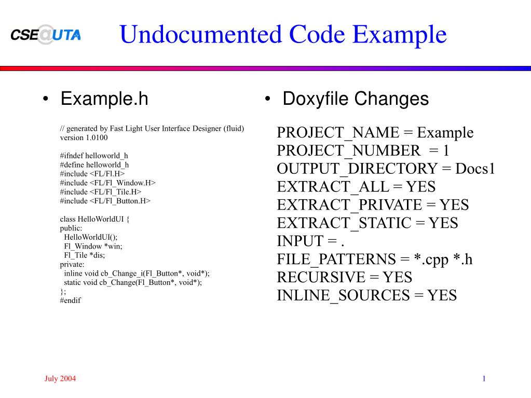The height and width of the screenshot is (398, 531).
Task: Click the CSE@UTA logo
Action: (x=46, y=35)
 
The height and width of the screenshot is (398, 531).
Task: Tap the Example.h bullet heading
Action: (x=104, y=98)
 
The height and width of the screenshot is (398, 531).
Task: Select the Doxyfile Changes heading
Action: (x=356, y=98)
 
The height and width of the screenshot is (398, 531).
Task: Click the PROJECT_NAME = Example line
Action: (x=375, y=132)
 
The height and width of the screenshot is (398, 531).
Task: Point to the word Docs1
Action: (x=475, y=169)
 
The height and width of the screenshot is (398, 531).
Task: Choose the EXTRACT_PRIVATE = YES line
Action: (x=373, y=205)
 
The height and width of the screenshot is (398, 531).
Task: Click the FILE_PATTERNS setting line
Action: (x=374, y=259)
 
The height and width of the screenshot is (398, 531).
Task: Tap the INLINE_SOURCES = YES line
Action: (x=366, y=295)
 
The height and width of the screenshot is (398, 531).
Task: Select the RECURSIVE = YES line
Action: (x=344, y=277)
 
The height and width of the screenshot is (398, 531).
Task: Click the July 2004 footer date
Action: (x=60, y=378)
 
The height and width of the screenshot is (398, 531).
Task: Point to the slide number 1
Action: (x=483, y=378)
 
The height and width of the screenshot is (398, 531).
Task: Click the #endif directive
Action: (x=71, y=300)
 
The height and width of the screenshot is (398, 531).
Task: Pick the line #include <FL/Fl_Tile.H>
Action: (x=101, y=191)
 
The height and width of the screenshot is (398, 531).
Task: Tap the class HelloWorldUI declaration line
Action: (x=94, y=218)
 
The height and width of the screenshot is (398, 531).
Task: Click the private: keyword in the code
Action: (x=72, y=264)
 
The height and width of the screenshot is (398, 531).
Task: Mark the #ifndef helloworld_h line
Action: (x=94, y=156)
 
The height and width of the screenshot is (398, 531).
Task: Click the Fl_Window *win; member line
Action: (x=93, y=246)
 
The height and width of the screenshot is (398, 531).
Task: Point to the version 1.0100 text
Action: (x=84, y=138)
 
